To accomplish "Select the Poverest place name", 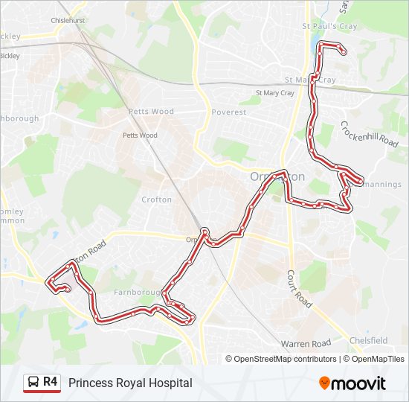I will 228,112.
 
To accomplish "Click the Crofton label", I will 157,200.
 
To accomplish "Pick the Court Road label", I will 299,289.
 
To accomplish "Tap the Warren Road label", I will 306,343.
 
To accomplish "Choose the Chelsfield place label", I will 369,341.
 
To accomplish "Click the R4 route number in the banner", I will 51,382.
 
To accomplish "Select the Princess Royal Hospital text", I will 130,383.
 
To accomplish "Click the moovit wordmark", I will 359,383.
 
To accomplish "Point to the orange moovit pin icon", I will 324,383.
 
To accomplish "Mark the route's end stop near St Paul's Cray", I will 343,51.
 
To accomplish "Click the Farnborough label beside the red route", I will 133,293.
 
